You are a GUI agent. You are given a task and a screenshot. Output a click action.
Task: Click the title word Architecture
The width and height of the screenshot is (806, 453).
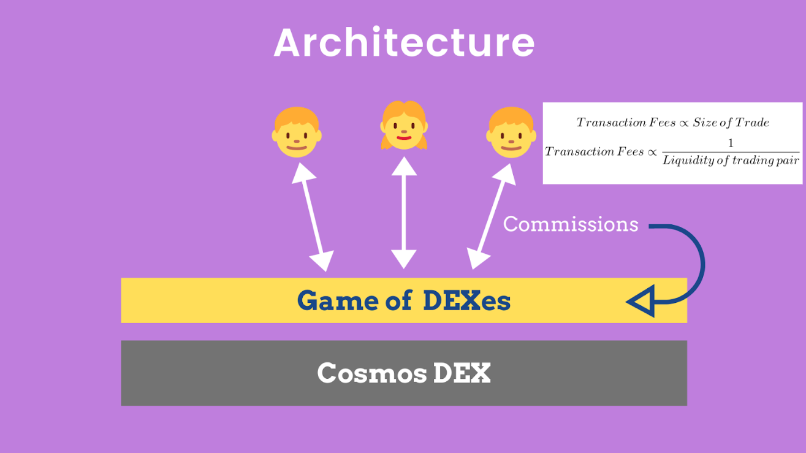point(404,43)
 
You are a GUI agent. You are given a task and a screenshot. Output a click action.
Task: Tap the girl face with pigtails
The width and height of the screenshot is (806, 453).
point(403,126)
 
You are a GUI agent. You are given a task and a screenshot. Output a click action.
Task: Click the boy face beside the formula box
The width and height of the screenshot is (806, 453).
point(511,132)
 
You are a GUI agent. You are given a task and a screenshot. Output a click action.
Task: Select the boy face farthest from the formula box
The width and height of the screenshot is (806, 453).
point(297,132)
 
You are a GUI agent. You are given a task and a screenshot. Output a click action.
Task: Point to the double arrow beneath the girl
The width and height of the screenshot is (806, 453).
point(403,212)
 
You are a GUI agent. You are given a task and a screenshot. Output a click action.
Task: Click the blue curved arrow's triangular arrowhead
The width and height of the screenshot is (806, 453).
point(642,302)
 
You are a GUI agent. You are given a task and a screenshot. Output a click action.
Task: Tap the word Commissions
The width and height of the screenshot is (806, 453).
point(571,224)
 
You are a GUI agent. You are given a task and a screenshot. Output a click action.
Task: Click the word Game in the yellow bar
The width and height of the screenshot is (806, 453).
point(337,301)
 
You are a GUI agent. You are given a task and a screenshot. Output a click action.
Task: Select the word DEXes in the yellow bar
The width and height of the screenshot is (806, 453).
point(466,301)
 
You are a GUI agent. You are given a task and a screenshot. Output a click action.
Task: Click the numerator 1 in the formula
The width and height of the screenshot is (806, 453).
point(731,144)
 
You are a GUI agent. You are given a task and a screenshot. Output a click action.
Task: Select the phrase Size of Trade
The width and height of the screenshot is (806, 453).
point(731,123)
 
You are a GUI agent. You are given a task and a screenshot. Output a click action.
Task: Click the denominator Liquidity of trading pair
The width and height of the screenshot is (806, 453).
point(731,161)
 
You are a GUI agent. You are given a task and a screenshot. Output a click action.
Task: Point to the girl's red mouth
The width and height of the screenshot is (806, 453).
point(403,137)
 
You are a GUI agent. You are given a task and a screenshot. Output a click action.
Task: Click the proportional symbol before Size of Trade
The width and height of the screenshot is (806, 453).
point(685,123)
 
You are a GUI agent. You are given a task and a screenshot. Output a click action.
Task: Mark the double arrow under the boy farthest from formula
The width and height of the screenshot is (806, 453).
point(313,217)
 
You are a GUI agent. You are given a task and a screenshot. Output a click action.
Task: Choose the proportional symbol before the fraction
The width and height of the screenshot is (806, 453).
point(653,152)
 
